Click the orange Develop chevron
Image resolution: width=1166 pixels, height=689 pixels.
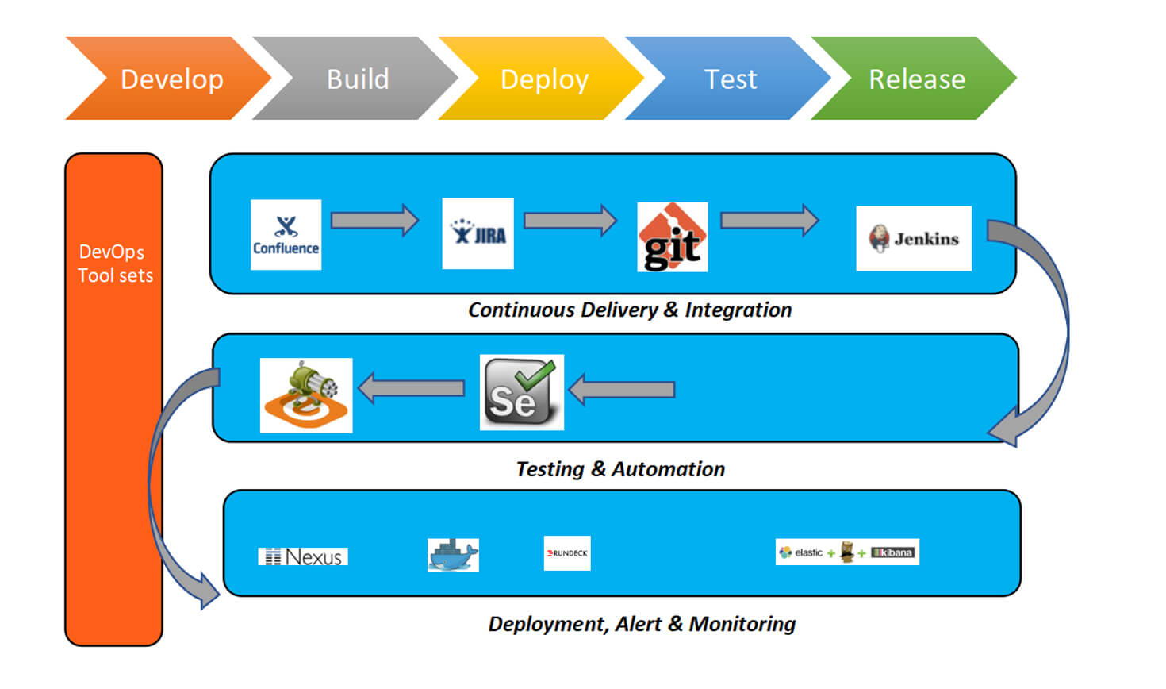[171, 79]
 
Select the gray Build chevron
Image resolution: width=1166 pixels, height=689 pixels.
[357, 79]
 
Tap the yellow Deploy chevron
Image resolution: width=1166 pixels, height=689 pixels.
[544, 79]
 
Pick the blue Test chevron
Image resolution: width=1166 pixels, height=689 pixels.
[730, 79]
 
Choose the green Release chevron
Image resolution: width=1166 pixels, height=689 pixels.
[916, 79]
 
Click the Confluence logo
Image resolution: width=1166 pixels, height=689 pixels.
[286, 235]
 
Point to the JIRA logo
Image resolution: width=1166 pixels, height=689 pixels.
[478, 233]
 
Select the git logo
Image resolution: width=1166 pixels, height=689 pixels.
[672, 237]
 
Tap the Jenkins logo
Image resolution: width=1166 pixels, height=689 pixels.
[913, 238]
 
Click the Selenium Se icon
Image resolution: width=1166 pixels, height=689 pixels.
[521, 392]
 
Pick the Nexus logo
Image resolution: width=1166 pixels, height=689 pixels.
[303, 556]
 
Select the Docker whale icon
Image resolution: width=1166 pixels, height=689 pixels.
[453, 554]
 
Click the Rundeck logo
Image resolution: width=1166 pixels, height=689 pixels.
[567, 553]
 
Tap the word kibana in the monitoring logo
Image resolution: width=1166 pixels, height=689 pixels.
[896, 552]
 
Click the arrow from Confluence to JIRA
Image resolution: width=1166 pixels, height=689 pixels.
[374, 220]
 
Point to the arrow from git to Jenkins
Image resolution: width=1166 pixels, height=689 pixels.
[769, 220]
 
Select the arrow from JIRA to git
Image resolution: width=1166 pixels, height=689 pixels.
[570, 220]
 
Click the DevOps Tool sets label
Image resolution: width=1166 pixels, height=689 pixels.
[115, 264]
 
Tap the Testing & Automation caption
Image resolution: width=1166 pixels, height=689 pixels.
[620, 469]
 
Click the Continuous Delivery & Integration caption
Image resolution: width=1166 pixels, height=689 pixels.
[630, 310]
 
